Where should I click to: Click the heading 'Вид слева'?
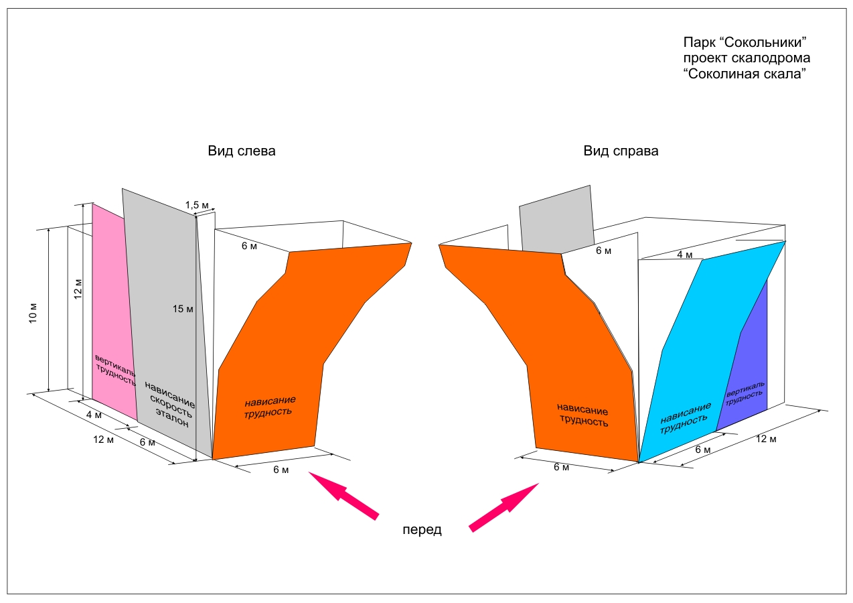[x=241, y=151]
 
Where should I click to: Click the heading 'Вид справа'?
[x=621, y=151]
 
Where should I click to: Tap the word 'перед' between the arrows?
[x=422, y=529]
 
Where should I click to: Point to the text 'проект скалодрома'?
[x=746, y=59]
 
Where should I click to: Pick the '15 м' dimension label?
[x=183, y=308]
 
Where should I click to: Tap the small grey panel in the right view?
[x=556, y=218]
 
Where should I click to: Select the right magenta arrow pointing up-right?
[x=506, y=506]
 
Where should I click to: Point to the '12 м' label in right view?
[x=766, y=439]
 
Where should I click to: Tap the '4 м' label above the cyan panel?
[x=684, y=255]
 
